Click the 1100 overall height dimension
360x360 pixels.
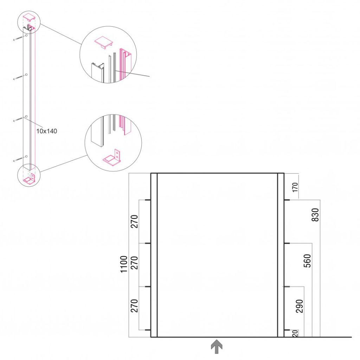pos(124,264)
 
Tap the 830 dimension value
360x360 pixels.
pos(315,215)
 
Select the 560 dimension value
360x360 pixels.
pos(307,261)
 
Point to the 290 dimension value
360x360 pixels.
pos(300,306)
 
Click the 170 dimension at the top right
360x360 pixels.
pos(295,187)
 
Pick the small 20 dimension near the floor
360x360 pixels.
pos(295,333)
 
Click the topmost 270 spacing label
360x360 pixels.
pos(134,221)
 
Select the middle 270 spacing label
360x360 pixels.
pos(134,263)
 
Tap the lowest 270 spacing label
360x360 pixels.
pos(134,306)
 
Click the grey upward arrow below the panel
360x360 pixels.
pos(217,346)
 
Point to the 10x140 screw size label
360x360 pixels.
pos(47,131)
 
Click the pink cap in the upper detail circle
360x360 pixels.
pos(104,42)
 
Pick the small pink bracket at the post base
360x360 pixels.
pos(30,179)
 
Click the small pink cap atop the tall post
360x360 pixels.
pos(29,17)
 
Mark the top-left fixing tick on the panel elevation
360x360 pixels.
pos(148,200)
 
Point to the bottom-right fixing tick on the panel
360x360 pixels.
pos(287,330)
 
